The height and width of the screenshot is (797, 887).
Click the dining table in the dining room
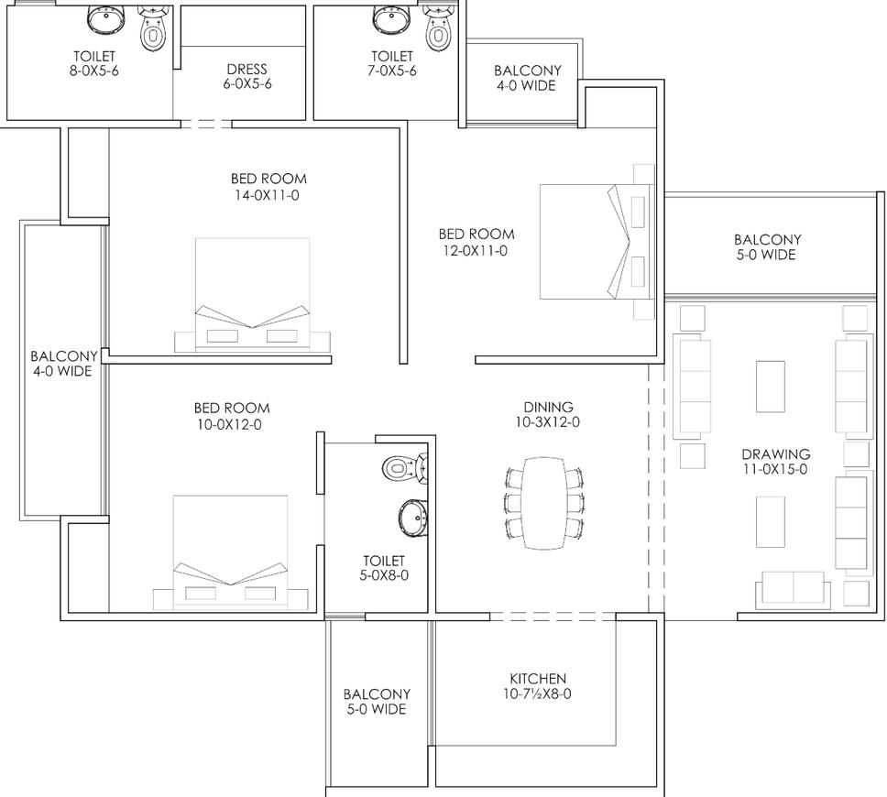(543, 503)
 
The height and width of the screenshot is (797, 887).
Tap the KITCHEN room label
(537, 678)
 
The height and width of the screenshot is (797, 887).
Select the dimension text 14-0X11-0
(267, 195)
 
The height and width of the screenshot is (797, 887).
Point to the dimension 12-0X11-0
(476, 251)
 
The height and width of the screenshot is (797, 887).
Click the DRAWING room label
(775, 453)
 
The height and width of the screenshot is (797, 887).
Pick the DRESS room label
(246, 69)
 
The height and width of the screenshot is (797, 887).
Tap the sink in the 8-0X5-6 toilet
(105, 20)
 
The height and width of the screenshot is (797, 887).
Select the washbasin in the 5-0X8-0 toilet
(413, 518)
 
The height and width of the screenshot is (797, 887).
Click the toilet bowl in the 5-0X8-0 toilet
(405, 468)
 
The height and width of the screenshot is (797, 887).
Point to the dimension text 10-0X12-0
(229, 424)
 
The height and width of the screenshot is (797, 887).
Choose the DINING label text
(548, 407)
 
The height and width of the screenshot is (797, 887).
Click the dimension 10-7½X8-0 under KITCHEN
(537, 693)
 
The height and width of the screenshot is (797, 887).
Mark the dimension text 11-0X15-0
(775, 469)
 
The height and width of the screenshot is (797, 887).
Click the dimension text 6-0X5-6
(247, 83)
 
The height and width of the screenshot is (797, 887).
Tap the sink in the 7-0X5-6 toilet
(391, 20)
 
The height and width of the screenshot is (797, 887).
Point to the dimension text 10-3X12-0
(547, 422)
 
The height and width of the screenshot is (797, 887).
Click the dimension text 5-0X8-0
(384, 575)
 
